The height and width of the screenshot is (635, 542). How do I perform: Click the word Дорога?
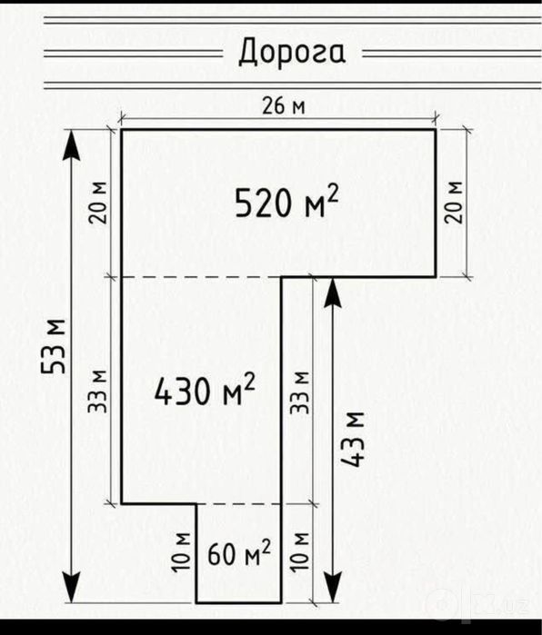pos(292,53)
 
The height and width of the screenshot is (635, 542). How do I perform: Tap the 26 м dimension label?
pos(284,106)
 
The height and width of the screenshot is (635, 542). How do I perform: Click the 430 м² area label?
pos(205,389)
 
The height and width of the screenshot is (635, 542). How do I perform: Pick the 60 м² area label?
pos(239,553)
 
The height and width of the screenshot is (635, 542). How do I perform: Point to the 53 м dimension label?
pos(53,347)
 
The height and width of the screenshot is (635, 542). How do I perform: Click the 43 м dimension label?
pos(352,440)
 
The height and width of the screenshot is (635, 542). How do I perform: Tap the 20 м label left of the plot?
pos(98,203)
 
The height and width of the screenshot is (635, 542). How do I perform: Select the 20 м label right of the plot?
pos(453,202)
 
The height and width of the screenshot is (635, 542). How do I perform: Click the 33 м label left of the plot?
pos(97,392)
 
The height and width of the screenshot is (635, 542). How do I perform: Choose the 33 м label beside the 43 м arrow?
pos(299,392)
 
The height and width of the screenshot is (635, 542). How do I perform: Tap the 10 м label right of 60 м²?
pos(300,552)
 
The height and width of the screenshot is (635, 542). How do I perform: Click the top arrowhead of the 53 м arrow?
pos(72,145)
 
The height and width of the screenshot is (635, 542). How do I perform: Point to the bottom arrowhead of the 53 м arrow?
pos(72,587)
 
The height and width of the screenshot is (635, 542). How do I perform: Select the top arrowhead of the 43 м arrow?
pos(333,293)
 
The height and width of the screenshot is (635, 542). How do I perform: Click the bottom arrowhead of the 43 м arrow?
pos(333,587)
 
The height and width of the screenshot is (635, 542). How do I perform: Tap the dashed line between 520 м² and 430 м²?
pos(202,277)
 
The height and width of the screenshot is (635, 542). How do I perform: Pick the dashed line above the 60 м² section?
pos(239,504)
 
